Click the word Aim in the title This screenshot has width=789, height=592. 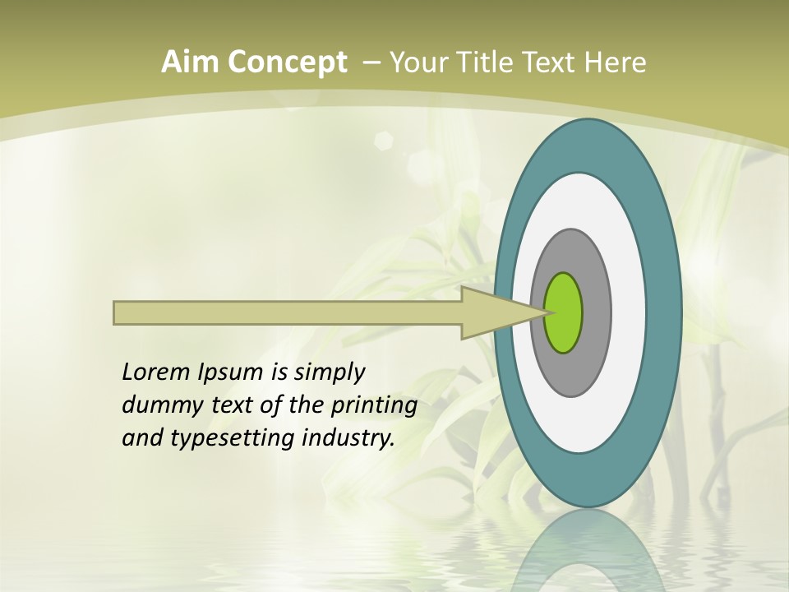coord(188,62)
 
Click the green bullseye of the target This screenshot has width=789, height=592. coord(565,312)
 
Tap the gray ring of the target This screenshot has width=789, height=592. coord(597,312)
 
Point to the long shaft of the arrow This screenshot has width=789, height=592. coord(288,312)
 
